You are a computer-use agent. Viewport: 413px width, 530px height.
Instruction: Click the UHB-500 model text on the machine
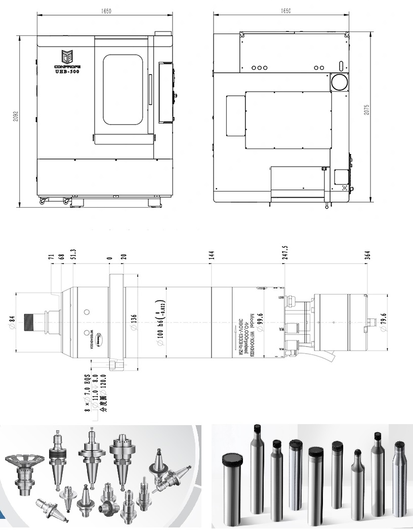[x=67, y=72]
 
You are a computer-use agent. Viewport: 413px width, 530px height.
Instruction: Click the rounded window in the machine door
[x=123, y=90]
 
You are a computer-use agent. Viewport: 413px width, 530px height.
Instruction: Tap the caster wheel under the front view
[x=42, y=202]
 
